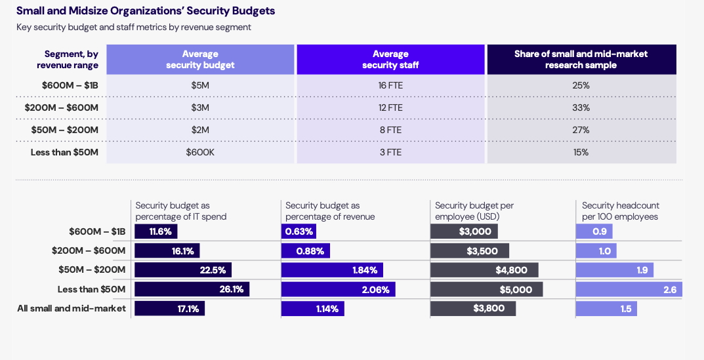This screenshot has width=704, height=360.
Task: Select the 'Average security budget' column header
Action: [x=200, y=59]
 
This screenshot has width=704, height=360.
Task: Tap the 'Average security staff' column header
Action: [x=390, y=59]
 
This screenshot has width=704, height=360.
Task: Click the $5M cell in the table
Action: [x=200, y=85]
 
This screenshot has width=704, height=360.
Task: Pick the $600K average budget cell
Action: [x=200, y=152]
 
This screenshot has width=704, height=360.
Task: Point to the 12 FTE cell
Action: [x=390, y=108]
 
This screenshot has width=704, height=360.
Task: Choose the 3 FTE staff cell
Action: [x=390, y=152]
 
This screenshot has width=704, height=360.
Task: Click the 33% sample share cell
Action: [x=581, y=108]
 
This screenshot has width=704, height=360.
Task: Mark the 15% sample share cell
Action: [x=581, y=152]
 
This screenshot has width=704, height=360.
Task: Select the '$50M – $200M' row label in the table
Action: [x=64, y=130]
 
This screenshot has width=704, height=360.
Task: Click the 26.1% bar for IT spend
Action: [x=192, y=289]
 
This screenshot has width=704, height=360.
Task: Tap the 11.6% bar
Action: [x=156, y=231]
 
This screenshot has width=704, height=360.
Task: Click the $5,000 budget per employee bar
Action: [x=486, y=289]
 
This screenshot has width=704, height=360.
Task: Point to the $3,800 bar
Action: [x=473, y=308]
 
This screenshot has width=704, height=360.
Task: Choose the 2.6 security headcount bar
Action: [x=629, y=289]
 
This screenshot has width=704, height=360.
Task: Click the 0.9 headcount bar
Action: [x=594, y=231]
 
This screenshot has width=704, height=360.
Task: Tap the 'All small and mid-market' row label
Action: [x=72, y=308]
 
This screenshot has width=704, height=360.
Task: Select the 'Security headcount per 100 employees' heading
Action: [x=620, y=210]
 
